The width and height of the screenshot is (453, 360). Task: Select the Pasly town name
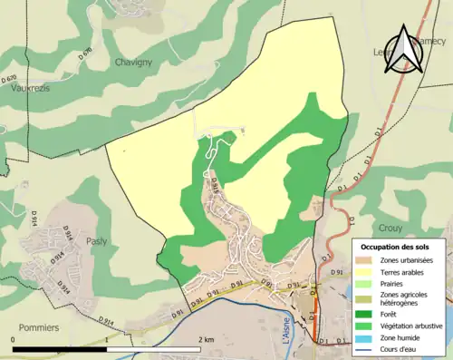(x=97, y=241)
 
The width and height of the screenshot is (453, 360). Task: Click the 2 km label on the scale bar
(x=207, y=339)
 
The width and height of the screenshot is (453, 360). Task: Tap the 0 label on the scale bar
(x=14, y=339)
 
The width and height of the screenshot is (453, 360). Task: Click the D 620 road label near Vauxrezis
(x=10, y=80)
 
